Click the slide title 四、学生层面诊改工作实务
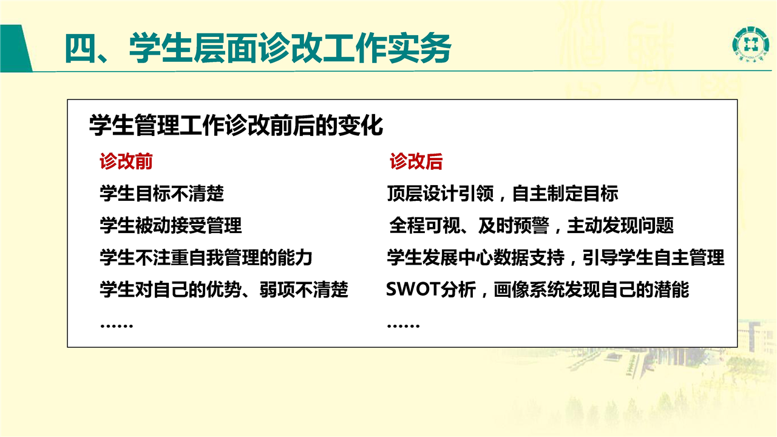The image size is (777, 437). pos(258,49)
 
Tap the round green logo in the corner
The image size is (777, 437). pos(750,44)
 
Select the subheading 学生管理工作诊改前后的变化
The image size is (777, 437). pos(236,125)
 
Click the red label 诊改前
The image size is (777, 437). pos(126,161)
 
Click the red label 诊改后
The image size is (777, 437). pos(416,161)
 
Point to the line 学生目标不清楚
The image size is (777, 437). pos(161,193)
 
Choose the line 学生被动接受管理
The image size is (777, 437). pos(171,225)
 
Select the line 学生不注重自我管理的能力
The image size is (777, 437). pos(206,257)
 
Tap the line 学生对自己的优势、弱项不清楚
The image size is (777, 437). pos(224,290)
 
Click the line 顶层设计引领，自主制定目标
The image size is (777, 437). pos(503,193)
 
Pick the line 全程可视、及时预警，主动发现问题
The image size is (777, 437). pos(531,225)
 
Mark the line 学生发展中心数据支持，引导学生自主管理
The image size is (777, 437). pos(555,257)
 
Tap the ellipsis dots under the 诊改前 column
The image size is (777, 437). pos(117,326)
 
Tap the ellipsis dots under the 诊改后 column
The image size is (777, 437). pos(404,326)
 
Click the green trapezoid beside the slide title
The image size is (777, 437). pos(16,48)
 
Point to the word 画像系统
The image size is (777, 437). pos(529,290)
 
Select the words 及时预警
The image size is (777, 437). pos(514,225)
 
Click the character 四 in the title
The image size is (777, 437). pos(80,49)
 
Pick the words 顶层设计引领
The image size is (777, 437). pos(440,193)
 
